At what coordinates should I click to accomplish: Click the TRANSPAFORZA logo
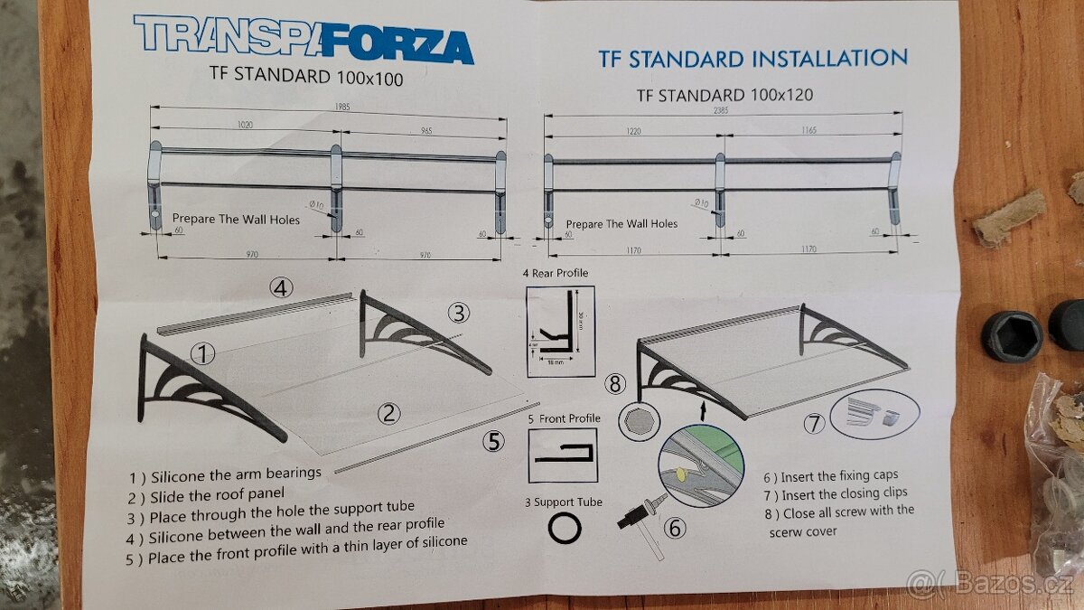tap(304, 39)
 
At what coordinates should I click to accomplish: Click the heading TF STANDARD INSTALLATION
tap(752, 59)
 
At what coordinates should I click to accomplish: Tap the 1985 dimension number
tap(340, 107)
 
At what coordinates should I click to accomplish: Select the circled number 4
tap(281, 288)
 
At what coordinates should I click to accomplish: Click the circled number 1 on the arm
tap(202, 354)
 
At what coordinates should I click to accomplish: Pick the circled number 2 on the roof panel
tap(388, 414)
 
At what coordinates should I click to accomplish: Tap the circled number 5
tap(493, 441)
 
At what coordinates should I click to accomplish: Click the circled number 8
tap(615, 384)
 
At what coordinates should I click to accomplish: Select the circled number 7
tap(815, 422)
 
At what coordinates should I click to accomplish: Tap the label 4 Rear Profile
tap(555, 273)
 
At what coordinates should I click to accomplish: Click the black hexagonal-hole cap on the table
tap(1011, 334)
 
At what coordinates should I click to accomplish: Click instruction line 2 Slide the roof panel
tap(206, 493)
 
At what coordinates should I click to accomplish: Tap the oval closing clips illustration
tap(874, 415)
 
